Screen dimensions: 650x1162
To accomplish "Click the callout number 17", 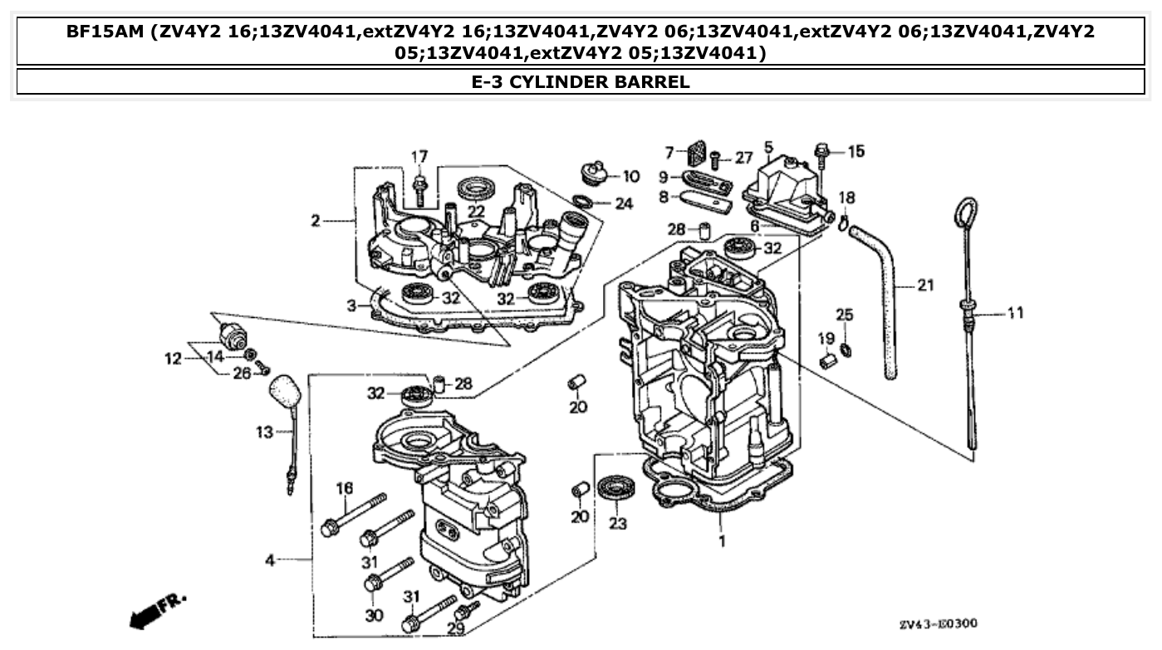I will tap(419, 156).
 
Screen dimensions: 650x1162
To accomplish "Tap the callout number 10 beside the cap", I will tap(630, 176).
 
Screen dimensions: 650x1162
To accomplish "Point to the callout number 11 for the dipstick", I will tap(1015, 313).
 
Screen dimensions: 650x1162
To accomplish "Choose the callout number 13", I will tap(264, 432).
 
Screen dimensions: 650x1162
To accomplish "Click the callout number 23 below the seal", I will tap(618, 524).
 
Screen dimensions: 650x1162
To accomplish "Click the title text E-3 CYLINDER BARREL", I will tap(581, 81).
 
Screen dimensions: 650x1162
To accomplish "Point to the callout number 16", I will tap(344, 487).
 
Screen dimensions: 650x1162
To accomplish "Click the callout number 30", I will tap(374, 615).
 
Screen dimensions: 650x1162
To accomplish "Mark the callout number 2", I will tap(316, 221).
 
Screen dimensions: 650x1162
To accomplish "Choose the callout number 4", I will tap(270, 561).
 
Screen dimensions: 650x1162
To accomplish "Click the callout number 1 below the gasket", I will tap(722, 541).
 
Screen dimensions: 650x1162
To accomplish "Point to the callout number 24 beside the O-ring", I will tap(623, 203).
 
